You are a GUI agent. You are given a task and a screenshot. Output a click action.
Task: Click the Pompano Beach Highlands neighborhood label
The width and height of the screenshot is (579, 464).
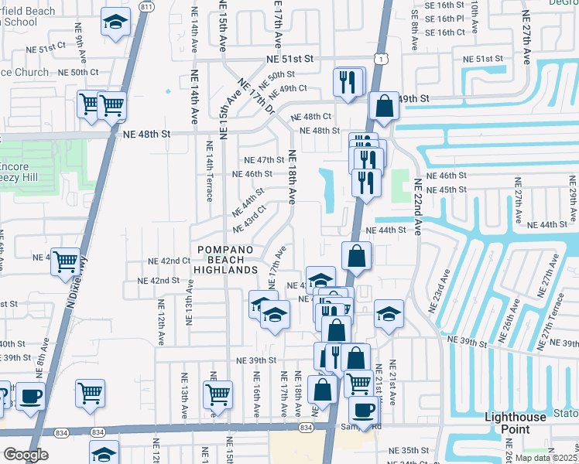226,259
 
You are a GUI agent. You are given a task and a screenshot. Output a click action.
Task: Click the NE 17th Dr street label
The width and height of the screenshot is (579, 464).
255,98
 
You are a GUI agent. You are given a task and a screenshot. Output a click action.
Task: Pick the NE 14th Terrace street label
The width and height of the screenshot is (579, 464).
209,171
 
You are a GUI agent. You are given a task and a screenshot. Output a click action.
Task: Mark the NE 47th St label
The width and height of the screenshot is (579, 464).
265,160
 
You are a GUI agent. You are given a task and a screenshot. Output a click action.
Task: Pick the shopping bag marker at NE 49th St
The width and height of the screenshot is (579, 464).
384,106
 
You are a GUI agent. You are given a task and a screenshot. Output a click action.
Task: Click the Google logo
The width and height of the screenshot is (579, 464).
26,455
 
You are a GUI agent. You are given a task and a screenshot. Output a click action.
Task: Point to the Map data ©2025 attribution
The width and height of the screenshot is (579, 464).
546,457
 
